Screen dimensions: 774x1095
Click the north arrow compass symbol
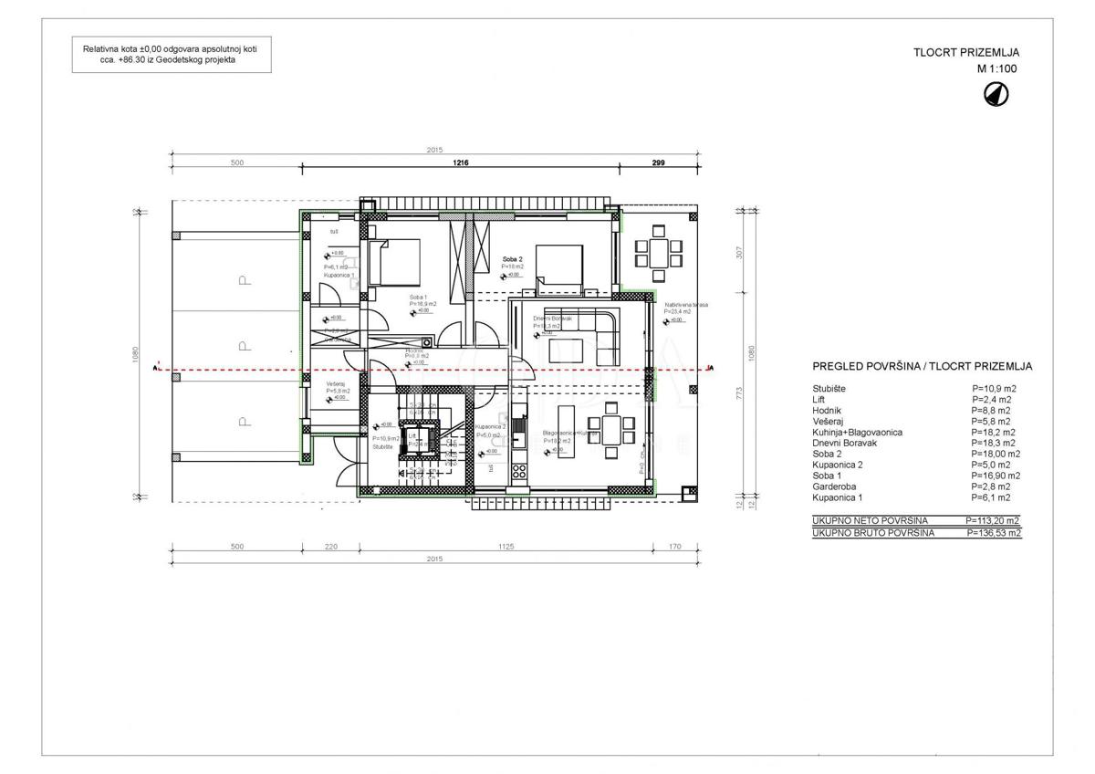[x=996, y=93]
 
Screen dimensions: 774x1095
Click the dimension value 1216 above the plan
[x=460, y=162]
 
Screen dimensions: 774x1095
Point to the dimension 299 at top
[x=658, y=162]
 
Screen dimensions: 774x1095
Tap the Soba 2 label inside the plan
[x=511, y=259]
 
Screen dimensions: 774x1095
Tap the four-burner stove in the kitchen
[x=519, y=473]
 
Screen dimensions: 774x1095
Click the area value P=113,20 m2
[x=993, y=520]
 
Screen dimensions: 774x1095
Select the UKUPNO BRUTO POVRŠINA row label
[x=872, y=532]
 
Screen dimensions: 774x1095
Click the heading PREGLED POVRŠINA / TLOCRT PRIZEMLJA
[x=922, y=366]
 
